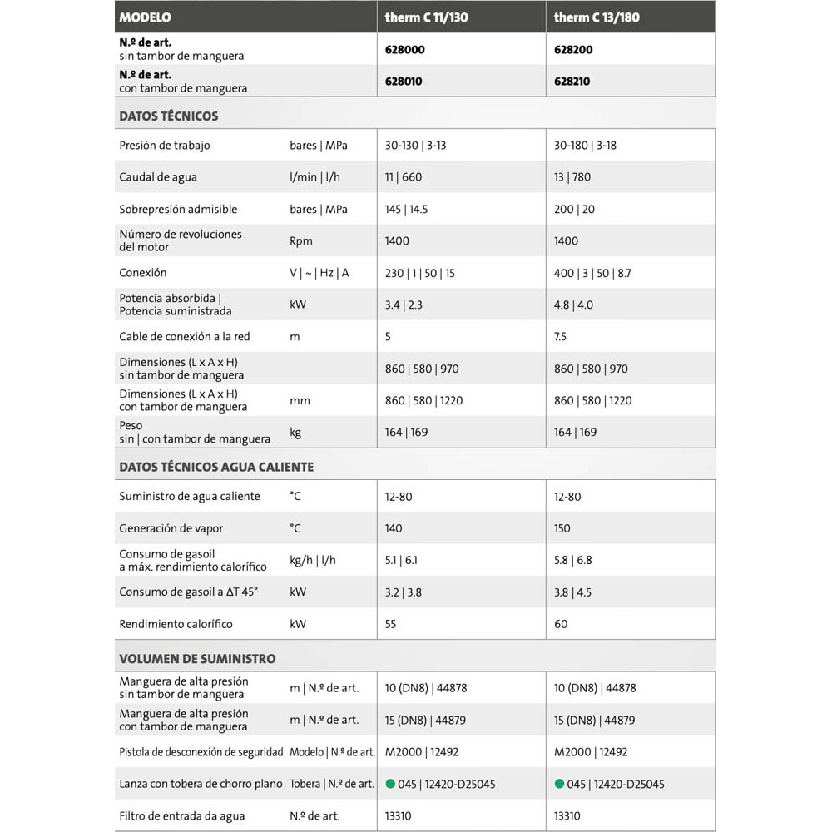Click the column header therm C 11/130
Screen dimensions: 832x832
tap(426, 17)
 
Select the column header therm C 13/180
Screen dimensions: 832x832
tap(597, 17)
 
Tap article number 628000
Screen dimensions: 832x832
tap(405, 50)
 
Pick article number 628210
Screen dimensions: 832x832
tap(573, 82)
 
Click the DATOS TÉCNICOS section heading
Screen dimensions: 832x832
tap(169, 116)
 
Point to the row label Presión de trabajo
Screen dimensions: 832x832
tap(165, 146)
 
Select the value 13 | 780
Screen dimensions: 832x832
tap(572, 177)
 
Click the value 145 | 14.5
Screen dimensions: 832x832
tap(406, 210)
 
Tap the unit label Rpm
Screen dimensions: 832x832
tap(301, 241)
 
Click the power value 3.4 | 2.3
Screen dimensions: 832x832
tap(404, 305)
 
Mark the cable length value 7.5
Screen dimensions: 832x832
tap(561, 337)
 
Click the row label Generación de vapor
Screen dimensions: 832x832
tap(171, 528)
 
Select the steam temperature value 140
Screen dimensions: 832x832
tap(394, 528)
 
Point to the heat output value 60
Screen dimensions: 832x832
tap(561, 624)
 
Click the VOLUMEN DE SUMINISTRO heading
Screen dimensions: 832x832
tap(197, 658)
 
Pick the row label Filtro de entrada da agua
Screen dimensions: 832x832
tap(182, 815)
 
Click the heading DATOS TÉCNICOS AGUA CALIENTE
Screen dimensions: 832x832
tap(216, 467)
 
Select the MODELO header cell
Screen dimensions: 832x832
tap(146, 17)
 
